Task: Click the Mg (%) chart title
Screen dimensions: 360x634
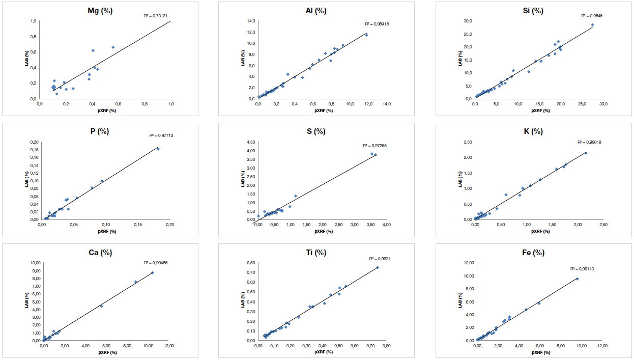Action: click(100, 11)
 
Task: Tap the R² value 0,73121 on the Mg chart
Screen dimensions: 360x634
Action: click(154, 16)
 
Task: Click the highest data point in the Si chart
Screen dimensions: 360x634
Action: click(592, 25)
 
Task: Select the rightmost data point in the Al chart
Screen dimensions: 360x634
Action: click(366, 35)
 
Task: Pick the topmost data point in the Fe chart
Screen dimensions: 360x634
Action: click(577, 279)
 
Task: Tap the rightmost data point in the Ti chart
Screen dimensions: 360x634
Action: click(378, 267)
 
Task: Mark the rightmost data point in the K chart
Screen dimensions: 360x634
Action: click(586, 153)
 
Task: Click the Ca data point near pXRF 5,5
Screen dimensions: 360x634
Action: click(101, 306)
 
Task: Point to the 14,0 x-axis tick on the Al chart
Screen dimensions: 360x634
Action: click(386, 104)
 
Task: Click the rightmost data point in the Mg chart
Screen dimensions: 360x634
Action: click(113, 47)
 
